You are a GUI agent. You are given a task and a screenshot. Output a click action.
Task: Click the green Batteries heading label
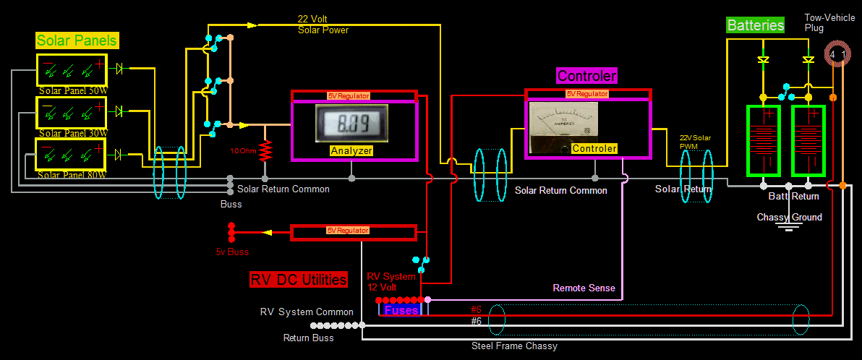click(x=755, y=25)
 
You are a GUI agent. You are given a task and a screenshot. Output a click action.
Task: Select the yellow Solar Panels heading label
click(x=77, y=40)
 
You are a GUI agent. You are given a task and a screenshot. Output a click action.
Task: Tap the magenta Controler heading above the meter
click(x=586, y=76)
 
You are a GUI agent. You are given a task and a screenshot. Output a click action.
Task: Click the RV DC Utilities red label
click(x=299, y=280)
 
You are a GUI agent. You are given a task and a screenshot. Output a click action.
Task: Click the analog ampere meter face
click(x=564, y=124)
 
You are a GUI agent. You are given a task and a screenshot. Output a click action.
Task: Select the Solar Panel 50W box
click(x=72, y=71)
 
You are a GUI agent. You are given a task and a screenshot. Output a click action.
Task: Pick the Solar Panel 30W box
click(x=72, y=112)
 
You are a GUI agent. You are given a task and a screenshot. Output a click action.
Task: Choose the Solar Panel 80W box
click(x=72, y=154)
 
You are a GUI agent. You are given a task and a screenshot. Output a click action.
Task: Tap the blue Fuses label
click(x=401, y=310)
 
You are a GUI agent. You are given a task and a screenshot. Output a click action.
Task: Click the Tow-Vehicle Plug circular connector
click(x=837, y=55)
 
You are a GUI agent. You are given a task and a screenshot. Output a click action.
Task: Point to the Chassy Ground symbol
click(x=789, y=226)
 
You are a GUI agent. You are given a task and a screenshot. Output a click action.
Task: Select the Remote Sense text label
click(x=584, y=288)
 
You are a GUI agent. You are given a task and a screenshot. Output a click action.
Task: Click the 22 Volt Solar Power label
click(x=323, y=24)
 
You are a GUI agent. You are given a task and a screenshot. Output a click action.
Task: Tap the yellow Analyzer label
click(x=351, y=150)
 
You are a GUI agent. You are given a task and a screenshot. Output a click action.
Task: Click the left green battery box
click(x=763, y=140)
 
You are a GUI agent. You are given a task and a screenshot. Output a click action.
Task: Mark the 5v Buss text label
click(x=232, y=252)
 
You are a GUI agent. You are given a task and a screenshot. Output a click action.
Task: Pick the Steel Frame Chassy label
click(x=514, y=346)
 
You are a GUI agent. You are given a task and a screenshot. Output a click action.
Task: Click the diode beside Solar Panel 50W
click(x=120, y=69)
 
